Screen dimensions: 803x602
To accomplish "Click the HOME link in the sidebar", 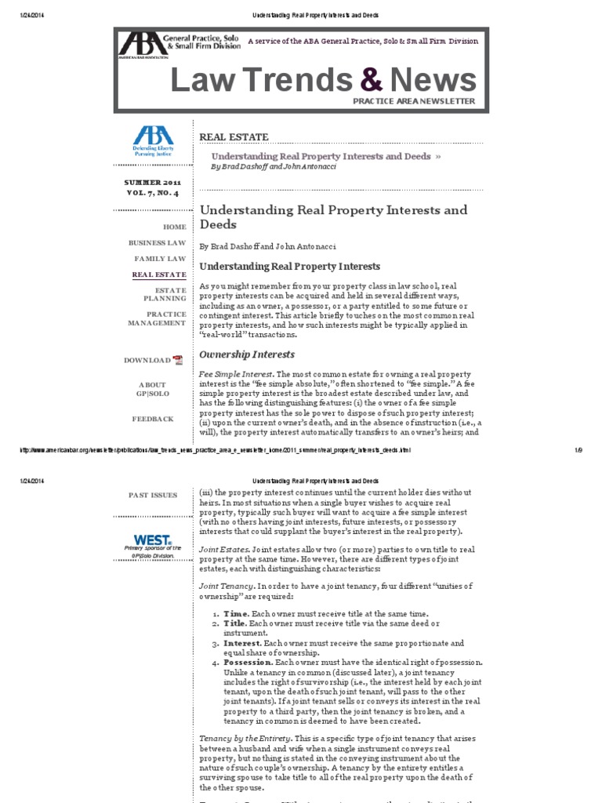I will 174,227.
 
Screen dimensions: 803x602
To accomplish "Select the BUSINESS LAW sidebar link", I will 158,243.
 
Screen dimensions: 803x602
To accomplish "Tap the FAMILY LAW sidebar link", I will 160,259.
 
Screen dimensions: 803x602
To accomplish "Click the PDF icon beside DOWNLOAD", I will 178,360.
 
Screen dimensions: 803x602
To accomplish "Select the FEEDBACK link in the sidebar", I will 153,419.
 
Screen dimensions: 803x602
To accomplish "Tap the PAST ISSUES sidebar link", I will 153,495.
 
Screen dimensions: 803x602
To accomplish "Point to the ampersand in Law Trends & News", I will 373,80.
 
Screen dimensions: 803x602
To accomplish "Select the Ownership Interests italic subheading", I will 247,354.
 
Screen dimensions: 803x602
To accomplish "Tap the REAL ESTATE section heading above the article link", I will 234,136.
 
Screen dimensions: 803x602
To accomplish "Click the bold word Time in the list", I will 236,612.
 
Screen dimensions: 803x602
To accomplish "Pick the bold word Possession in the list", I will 250,662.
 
